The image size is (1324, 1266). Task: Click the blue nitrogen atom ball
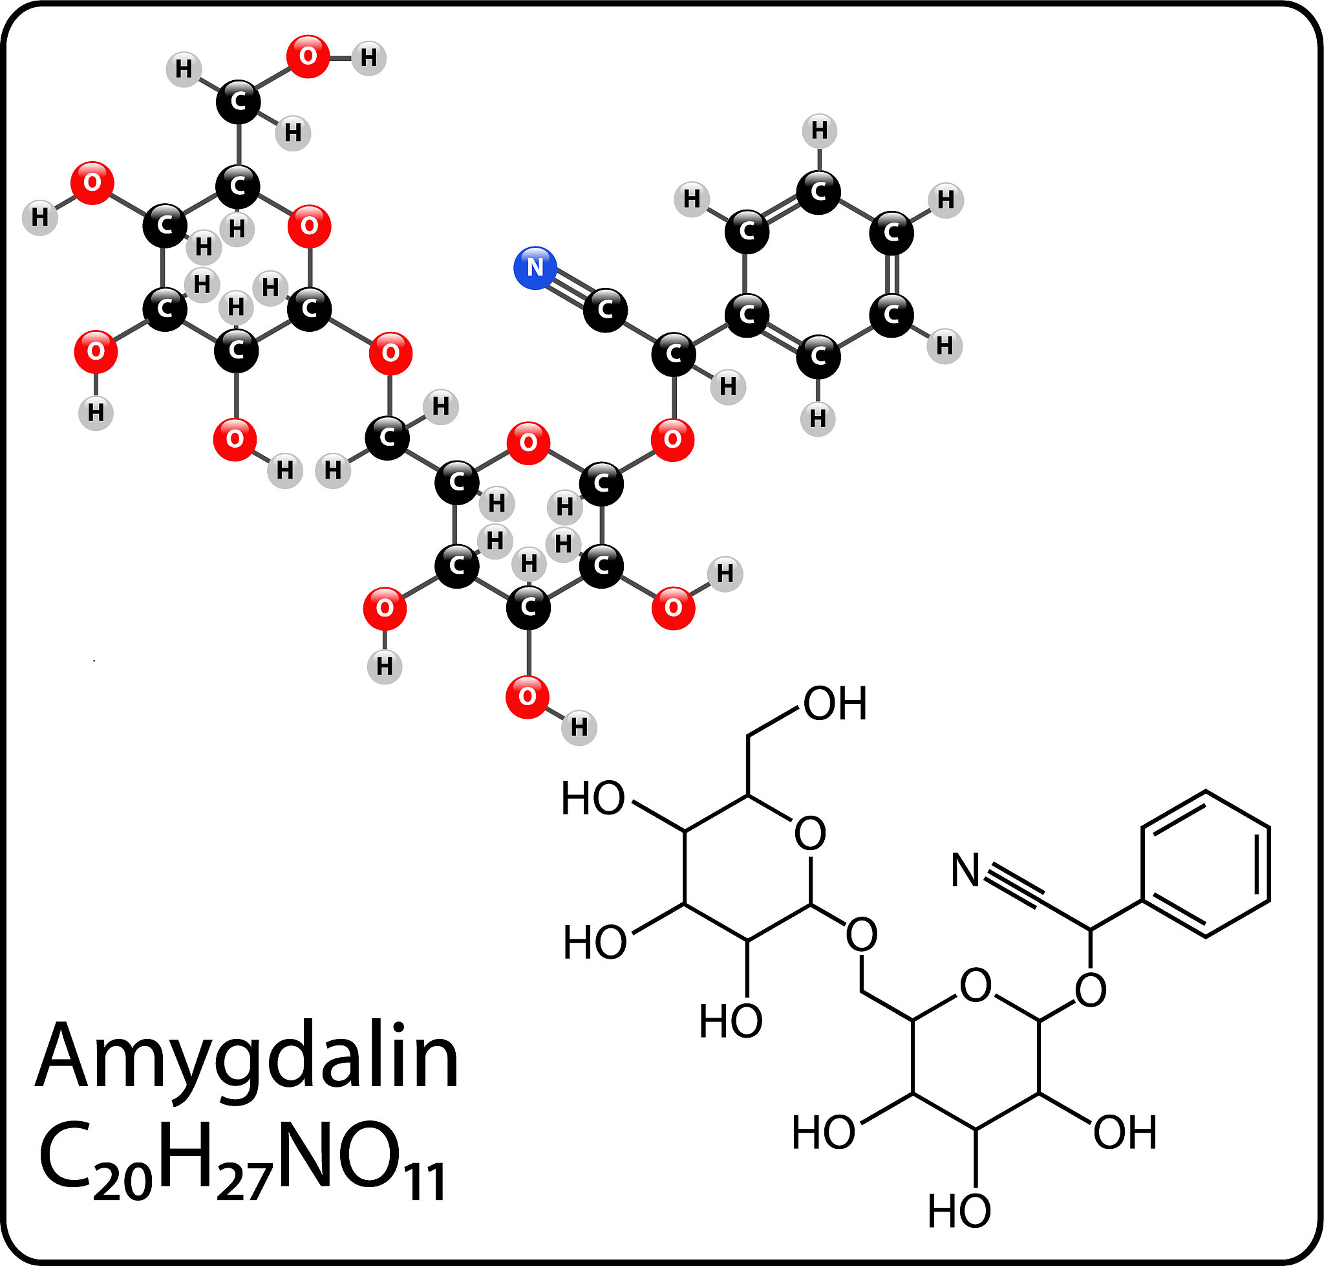point(535,268)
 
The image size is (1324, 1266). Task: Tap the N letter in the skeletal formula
point(965,870)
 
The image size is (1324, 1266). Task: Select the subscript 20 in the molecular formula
point(122,1183)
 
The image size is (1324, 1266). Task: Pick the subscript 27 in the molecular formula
point(244,1183)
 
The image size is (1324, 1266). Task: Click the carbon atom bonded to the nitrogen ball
point(605,310)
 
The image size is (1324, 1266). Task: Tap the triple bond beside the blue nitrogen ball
point(570,289)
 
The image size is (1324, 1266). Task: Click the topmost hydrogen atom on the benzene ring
point(819,130)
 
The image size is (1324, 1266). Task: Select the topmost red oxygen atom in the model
point(308,57)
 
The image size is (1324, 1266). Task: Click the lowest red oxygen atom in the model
point(528,697)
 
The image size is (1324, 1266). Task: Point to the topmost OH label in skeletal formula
point(835,704)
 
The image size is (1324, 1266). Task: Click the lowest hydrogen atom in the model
point(579,728)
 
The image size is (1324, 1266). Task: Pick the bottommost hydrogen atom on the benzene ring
point(817,419)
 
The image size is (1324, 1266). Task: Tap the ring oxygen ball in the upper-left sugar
point(309,225)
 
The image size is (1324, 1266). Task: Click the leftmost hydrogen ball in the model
point(40,217)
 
